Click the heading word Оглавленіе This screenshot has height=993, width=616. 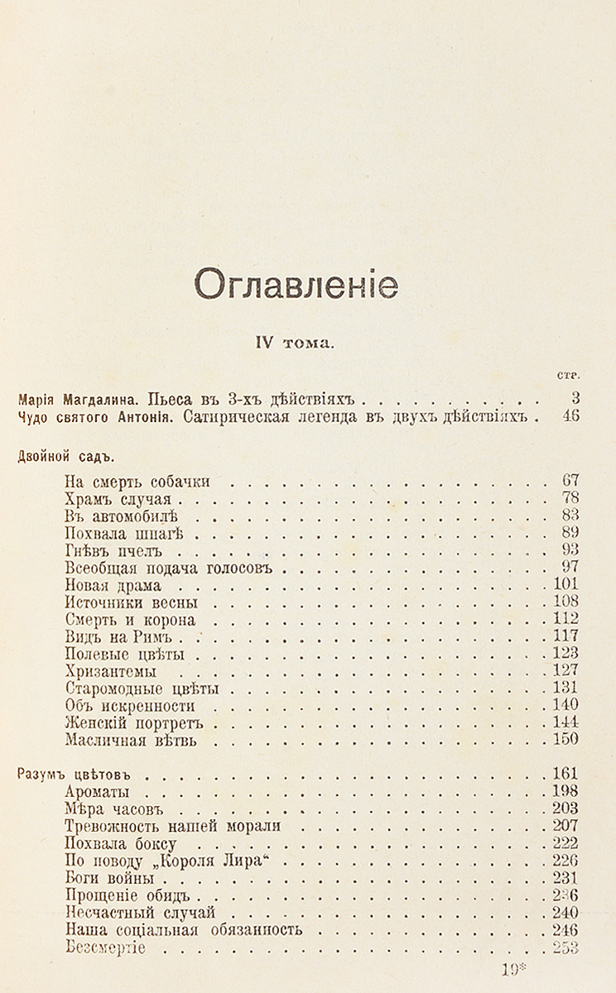(296, 285)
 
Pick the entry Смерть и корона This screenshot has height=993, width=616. (129, 619)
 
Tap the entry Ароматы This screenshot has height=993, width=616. (98, 792)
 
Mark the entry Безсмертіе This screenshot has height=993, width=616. (104, 947)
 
